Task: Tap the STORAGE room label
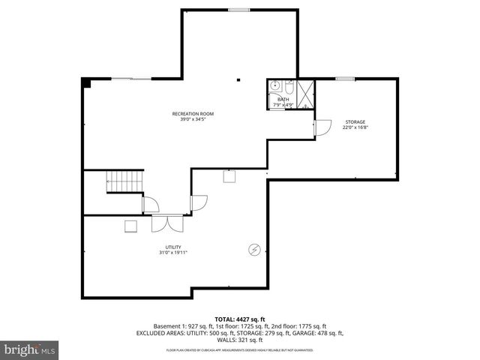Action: [355, 121]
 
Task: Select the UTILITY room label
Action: [173, 247]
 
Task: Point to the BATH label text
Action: [283, 99]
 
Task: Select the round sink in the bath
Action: [275, 85]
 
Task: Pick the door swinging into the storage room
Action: [322, 127]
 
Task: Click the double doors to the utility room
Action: [161, 223]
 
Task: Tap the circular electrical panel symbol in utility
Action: [254, 250]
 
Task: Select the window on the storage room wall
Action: [345, 79]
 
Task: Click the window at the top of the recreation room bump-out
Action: [239, 10]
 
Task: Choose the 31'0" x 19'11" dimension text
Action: [173, 253]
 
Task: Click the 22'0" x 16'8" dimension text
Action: [355, 127]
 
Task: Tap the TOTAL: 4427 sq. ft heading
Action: [239, 319]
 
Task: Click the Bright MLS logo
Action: [29, 349]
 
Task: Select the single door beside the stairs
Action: [150, 202]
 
